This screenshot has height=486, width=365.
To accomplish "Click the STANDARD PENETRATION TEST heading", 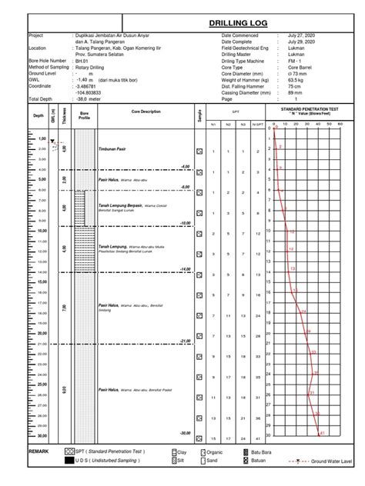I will point(313,109).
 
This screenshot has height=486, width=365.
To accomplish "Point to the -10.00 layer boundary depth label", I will point(184,222).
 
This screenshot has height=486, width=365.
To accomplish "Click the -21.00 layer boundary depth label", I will point(184,340).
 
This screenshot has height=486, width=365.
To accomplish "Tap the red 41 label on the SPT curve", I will point(323,434).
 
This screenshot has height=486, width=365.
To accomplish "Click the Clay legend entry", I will point(182,452).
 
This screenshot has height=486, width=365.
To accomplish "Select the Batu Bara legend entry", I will point(261,452).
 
